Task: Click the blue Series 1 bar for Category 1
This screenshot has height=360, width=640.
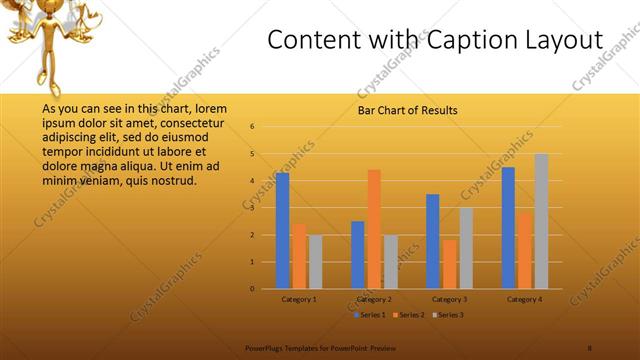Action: tap(282, 231)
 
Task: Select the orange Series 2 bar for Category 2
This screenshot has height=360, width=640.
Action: tap(374, 229)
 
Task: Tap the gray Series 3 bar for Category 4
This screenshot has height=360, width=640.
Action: tap(541, 221)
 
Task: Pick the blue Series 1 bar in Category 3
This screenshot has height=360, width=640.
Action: tap(433, 241)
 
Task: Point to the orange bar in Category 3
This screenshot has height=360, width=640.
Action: tap(449, 264)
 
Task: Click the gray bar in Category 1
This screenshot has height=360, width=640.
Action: tap(315, 262)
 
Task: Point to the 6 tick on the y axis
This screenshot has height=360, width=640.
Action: tap(253, 127)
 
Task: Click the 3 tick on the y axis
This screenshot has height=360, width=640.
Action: tap(253, 208)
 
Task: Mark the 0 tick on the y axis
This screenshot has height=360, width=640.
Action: tap(253, 289)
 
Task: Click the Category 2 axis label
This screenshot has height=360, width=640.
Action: tap(374, 299)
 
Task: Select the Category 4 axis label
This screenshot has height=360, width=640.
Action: tap(524, 299)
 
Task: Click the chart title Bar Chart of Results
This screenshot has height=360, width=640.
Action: tap(408, 109)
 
